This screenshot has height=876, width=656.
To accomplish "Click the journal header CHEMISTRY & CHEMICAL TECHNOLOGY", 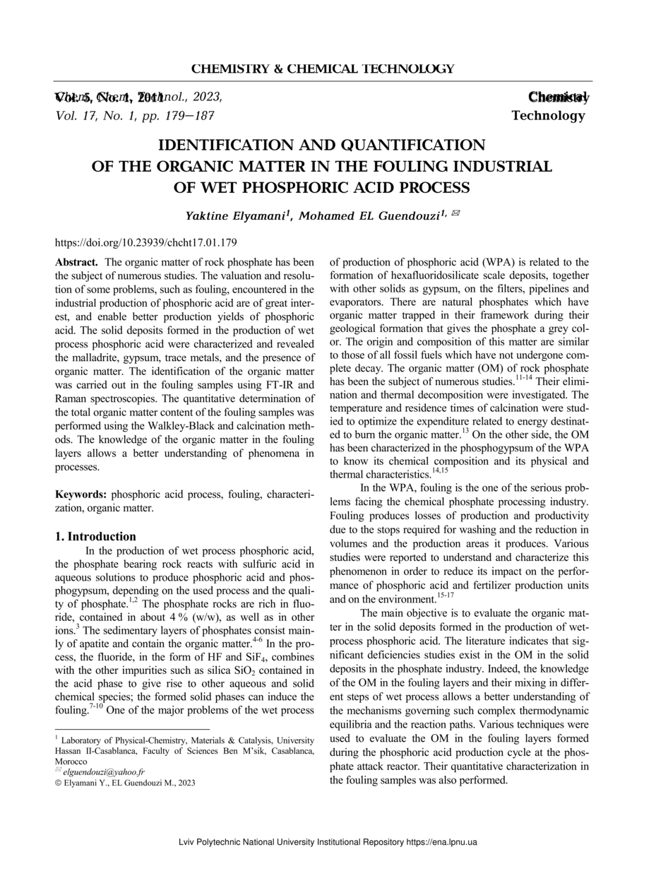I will [x=323, y=69].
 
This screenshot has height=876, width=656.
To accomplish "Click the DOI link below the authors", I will [x=145, y=242].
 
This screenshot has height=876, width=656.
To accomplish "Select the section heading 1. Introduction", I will [x=95, y=536].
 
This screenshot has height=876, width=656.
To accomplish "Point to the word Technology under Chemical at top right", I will [x=548, y=115].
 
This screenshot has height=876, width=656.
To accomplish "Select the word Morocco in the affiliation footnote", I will [x=71, y=762].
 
